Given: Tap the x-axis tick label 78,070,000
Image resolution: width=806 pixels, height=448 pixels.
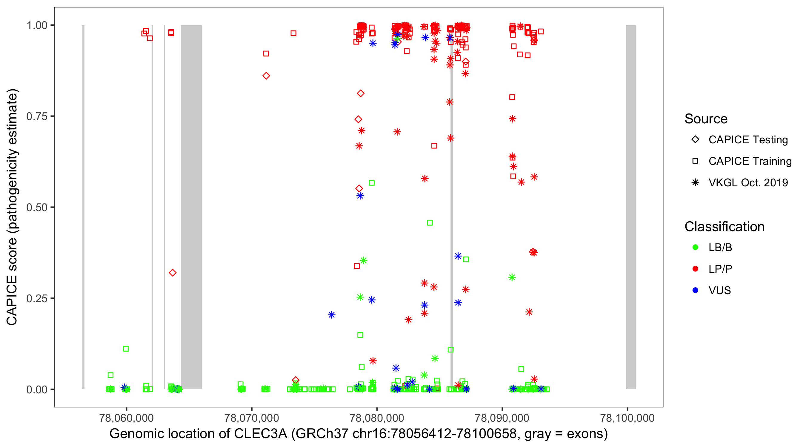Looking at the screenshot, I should pyautogui.click(x=252, y=418).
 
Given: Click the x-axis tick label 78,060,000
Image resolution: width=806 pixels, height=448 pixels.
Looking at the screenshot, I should pyautogui.click(x=126, y=418).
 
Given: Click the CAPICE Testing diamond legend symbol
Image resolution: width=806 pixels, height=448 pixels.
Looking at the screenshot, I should pyautogui.click(x=695, y=140).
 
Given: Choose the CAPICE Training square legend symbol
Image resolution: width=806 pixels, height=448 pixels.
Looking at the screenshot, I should pyautogui.click(x=695, y=161).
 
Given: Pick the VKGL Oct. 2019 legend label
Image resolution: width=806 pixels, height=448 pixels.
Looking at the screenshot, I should pyautogui.click(x=748, y=183).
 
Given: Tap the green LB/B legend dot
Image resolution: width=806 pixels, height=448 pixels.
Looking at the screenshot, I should pyautogui.click(x=695, y=247).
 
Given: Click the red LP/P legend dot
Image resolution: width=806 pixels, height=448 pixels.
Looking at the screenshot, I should pyautogui.click(x=695, y=269).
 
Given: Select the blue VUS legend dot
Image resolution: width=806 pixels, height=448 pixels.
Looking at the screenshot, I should pyautogui.click(x=695, y=291).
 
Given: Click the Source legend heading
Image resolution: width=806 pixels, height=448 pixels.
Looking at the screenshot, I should pyautogui.click(x=706, y=119).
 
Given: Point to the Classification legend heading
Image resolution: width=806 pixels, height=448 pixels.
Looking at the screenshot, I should pyautogui.click(x=724, y=227).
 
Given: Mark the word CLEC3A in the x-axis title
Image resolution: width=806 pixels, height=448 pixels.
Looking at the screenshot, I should pyautogui.click(x=260, y=434).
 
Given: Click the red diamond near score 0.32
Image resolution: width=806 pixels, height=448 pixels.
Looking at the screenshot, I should pyautogui.click(x=173, y=273).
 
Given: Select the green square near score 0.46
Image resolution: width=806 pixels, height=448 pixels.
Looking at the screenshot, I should pyautogui.click(x=430, y=223).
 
